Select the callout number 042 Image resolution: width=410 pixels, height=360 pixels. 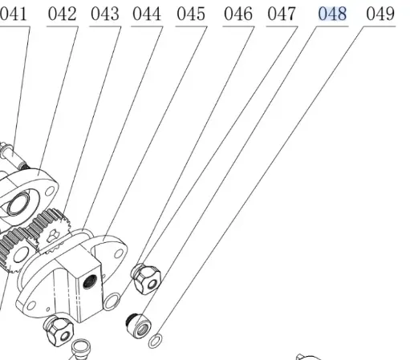click(62, 14)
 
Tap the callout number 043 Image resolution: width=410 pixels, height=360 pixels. click(104, 14)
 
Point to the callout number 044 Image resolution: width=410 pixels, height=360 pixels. click(146, 14)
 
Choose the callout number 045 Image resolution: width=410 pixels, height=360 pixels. click(190, 14)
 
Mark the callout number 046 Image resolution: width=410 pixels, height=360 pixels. click(237, 14)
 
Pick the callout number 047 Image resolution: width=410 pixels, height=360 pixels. click(281, 14)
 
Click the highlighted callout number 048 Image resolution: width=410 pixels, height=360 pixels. click(332, 14)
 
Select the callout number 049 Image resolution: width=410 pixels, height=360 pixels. click(380, 14)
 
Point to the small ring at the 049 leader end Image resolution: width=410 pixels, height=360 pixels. click(156, 342)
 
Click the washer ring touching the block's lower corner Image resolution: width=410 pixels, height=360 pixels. click(113, 302)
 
